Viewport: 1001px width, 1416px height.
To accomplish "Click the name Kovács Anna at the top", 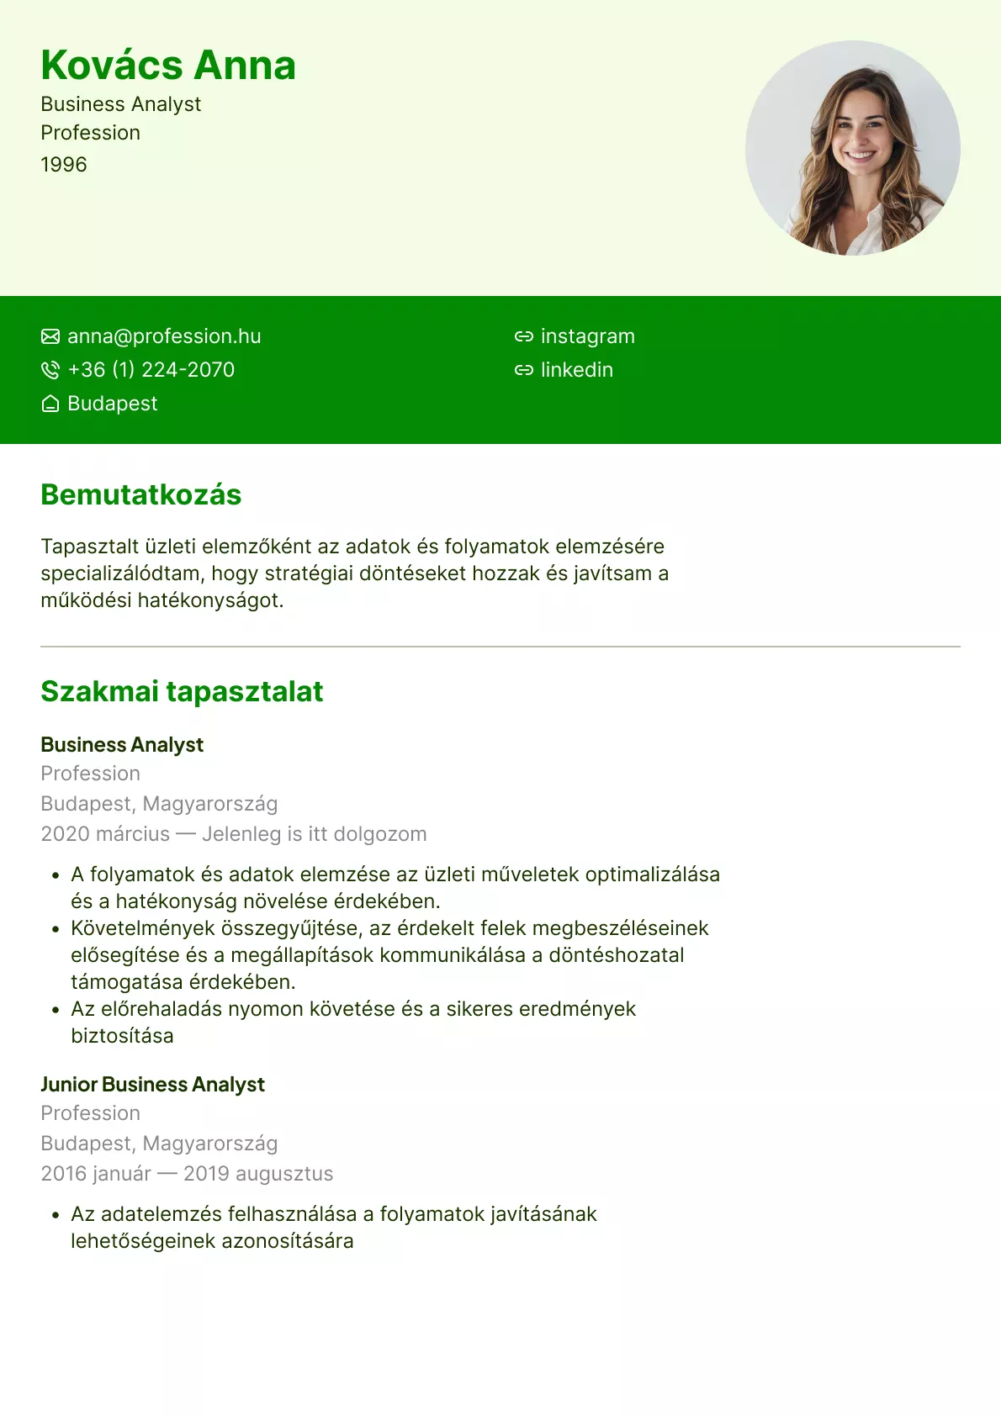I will [168, 66].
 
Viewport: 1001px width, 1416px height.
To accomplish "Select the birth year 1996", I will [64, 165].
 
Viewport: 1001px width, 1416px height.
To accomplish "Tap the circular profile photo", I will [852, 148].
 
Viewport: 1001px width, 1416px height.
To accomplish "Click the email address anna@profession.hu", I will [164, 336].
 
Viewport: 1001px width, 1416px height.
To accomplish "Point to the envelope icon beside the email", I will [50, 336].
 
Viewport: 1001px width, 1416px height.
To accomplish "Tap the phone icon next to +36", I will [50, 370].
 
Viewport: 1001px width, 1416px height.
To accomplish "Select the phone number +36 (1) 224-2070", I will [151, 370].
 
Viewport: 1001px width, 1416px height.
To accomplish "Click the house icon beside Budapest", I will [50, 404].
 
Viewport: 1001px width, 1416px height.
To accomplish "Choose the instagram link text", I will [587, 336].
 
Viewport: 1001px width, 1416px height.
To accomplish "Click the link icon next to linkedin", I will [524, 370].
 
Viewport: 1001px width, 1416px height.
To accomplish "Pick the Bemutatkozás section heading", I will [141, 495].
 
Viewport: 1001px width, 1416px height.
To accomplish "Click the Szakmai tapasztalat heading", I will [182, 692].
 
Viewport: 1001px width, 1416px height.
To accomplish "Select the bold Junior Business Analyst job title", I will [152, 1085].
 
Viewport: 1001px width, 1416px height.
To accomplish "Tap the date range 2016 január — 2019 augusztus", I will [187, 1174].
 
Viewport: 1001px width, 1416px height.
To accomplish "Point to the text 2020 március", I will [105, 834].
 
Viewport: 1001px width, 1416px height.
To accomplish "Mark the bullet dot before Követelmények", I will [56, 929].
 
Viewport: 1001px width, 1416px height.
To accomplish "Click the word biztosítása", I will [122, 1036].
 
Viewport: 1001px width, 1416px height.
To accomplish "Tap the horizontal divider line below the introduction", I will [500, 647].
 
